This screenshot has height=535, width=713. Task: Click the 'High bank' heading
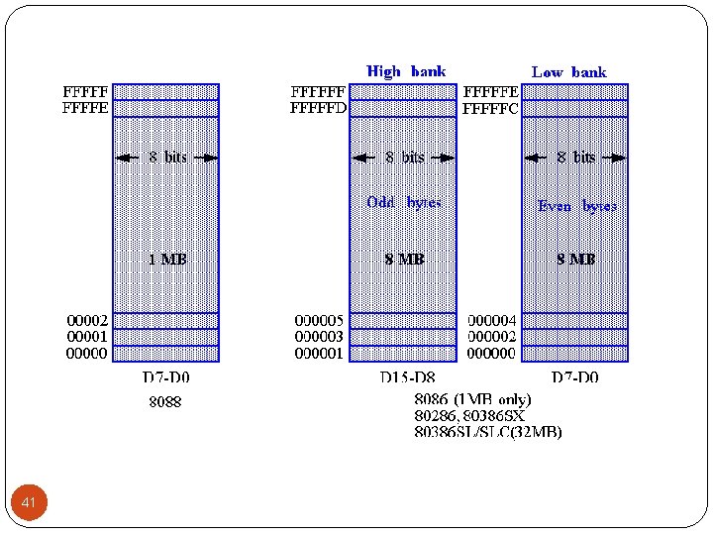[406, 71]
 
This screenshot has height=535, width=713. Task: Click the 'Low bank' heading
[568, 72]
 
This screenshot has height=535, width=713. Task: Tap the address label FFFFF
[86, 92]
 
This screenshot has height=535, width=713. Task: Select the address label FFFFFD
[318, 108]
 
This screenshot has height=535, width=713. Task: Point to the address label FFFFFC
[490, 109]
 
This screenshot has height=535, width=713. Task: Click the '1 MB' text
[166, 260]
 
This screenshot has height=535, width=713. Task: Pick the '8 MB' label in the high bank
[404, 260]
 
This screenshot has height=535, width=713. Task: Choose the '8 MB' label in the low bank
[575, 260]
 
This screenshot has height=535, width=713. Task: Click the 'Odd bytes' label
[404, 203]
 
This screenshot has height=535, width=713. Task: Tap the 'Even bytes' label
[576, 206]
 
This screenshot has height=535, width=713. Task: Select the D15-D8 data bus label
[406, 378]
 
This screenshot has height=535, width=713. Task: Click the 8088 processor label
[165, 402]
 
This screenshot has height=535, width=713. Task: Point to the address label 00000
[87, 353]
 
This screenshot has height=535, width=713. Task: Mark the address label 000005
[319, 320]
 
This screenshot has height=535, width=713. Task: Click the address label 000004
[491, 320]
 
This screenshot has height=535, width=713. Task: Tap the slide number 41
[29, 504]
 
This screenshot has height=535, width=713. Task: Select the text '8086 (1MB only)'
[472, 399]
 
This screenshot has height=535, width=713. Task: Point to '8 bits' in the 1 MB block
[167, 158]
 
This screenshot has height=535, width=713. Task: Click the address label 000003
[319, 337]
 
